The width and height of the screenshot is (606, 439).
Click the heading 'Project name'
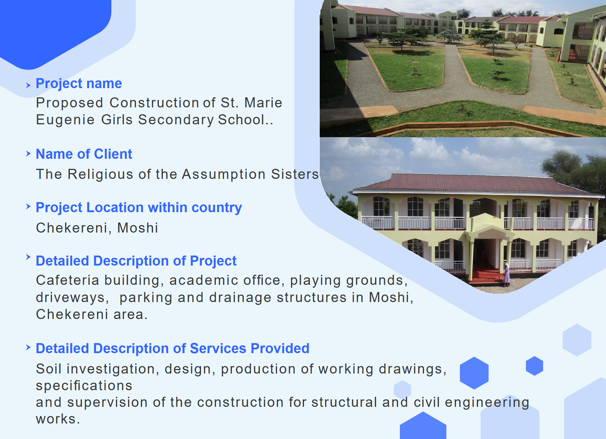coord(79,84)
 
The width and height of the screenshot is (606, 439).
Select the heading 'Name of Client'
coord(84,154)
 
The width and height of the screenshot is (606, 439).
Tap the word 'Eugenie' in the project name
coord(65,120)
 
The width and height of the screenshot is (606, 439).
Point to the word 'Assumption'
coord(224,174)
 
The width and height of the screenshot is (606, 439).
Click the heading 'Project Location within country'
coord(139,208)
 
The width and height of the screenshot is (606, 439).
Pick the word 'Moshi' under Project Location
coord(138,228)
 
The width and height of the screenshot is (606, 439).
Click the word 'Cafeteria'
coord(67,280)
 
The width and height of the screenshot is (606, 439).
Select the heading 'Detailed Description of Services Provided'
coord(173,349)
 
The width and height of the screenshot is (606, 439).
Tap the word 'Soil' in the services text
coord(49,369)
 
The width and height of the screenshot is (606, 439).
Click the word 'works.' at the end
coord(58,419)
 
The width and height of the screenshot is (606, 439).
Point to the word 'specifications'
coord(84,386)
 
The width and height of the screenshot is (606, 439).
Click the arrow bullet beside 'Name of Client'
coord(28,154)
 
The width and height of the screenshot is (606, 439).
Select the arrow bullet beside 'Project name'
coord(28,85)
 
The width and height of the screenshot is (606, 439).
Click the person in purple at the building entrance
coord(507,275)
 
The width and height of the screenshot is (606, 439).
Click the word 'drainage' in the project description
coord(240,298)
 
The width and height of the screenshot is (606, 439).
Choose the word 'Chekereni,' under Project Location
coord(74,228)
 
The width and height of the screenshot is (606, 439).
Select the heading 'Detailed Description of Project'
coord(136,261)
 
